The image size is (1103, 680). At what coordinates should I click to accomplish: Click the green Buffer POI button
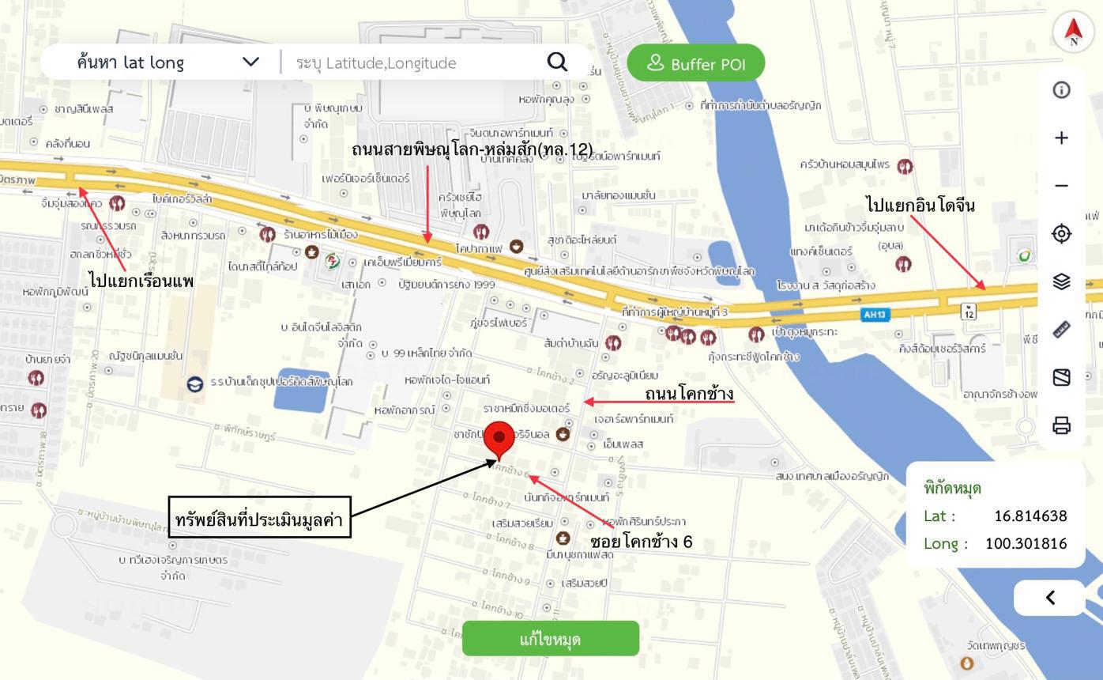(x=696, y=63)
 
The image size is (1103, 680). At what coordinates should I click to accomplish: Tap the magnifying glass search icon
(x=558, y=62)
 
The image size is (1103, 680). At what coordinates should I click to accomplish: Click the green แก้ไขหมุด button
(x=551, y=638)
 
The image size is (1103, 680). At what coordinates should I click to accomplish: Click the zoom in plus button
(x=1062, y=138)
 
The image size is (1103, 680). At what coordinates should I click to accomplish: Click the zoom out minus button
(x=1062, y=186)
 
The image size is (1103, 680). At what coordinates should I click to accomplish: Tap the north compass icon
(x=1073, y=31)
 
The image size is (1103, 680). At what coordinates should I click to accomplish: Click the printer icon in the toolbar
(x=1062, y=425)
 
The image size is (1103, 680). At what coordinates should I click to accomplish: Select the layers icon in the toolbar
(x=1062, y=281)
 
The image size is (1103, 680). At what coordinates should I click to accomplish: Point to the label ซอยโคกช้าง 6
(x=641, y=542)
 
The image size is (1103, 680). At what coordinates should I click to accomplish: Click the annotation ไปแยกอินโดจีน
(x=920, y=206)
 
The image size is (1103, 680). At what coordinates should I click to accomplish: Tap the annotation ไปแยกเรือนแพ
(x=141, y=280)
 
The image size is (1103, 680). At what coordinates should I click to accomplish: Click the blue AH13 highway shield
(x=875, y=315)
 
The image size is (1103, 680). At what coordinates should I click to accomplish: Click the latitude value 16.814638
(x=1030, y=516)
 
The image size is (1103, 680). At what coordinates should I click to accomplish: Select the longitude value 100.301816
(x=1026, y=544)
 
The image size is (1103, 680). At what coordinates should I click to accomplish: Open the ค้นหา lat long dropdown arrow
(x=250, y=62)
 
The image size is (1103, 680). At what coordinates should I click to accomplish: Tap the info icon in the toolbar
(x=1062, y=90)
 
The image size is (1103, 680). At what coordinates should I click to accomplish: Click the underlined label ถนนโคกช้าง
(x=689, y=393)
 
